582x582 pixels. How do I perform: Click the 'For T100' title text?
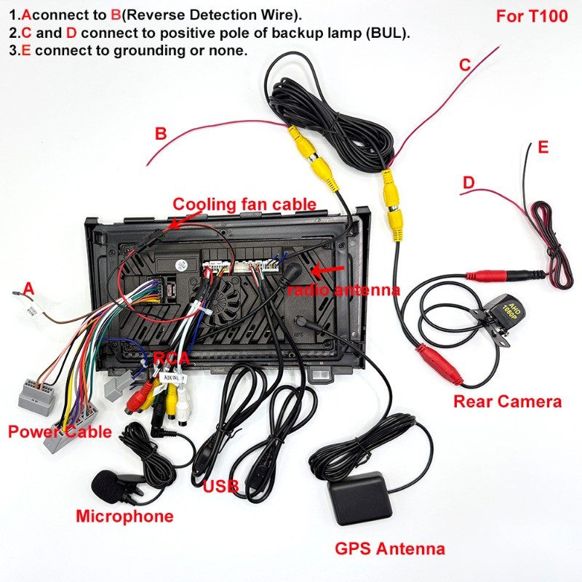pos(532,16)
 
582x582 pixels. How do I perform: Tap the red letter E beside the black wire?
pos(543,148)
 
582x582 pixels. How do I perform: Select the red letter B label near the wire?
pos(160,134)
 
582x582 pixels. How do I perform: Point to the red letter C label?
pos(465,65)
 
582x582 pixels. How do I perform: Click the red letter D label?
pos(469,183)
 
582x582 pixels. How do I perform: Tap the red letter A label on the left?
pos(28,289)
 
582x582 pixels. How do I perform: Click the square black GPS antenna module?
pos(360,498)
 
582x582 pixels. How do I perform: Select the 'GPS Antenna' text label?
pos(390,549)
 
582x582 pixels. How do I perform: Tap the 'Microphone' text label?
pos(124,517)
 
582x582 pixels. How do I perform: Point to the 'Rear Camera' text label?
pos(507,402)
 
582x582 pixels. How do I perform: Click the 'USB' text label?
pos(220,486)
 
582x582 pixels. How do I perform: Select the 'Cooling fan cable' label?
pos(244,204)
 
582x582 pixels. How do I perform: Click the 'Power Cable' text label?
pos(60,431)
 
